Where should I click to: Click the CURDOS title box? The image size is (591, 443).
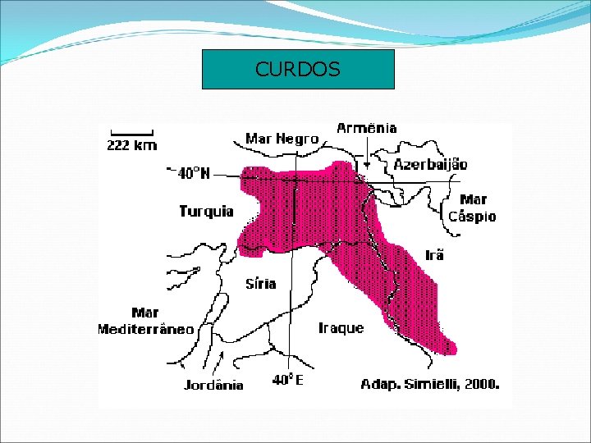pyautogui.click(x=298, y=70)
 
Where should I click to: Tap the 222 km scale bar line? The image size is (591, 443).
pyautogui.click(x=131, y=133)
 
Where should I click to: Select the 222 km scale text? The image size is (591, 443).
pyautogui.click(x=131, y=146)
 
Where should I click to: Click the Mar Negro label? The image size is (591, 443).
pyautogui.click(x=282, y=139)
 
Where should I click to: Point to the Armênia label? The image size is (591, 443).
pyautogui.click(x=367, y=128)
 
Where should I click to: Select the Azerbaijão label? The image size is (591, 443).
pyautogui.click(x=430, y=164)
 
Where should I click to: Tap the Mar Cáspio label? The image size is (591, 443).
pyautogui.click(x=472, y=208)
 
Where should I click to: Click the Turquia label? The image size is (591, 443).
pyautogui.click(x=206, y=212)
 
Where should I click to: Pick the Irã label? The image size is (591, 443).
pyautogui.click(x=434, y=255)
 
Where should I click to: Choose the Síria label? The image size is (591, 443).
pyautogui.click(x=261, y=284)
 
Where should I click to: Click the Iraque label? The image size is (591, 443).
pyautogui.click(x=341, y=328)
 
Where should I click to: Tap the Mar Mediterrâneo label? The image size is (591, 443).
pyautogui.click(x=145, y=322)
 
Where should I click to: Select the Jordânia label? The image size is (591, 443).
pyautogui.click(x=213, y=385)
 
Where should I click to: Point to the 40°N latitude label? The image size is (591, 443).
pyautogui.click(x=195, y=173)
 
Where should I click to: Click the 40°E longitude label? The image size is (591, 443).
pyautogui.click(x=288, y=380)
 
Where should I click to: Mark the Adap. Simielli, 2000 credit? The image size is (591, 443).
pyautogui.click(x=429, y=383)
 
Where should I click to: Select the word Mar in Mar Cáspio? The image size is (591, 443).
pyautogui.click(x=473, y=199)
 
